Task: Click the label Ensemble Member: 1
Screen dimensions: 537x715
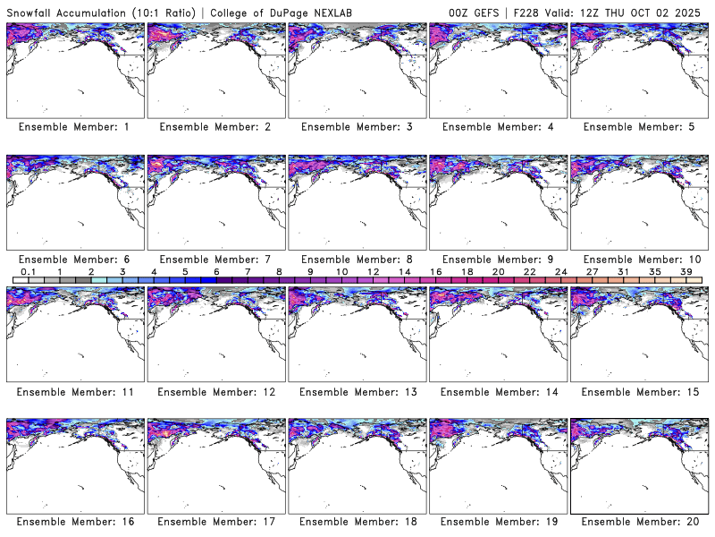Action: pyautogui.click(x=74, y=127)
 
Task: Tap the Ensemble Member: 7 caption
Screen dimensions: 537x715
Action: pyautogui.click(x=215, y=259)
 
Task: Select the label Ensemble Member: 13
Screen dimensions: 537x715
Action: pyautogui.click(x=357, y=390)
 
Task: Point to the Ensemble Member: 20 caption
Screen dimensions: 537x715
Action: pyautogui.click(x=638, y=522)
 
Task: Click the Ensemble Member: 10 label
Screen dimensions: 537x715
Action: pyautogui.click(x=638, y=259)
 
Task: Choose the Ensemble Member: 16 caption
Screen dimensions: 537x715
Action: pyautogui.click(x=74, y=522)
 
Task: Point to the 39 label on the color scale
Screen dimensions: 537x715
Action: pyautogui.click(x=686, y=272)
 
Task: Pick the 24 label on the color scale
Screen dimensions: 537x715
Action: pyautogui.click(x=561, y=272)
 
